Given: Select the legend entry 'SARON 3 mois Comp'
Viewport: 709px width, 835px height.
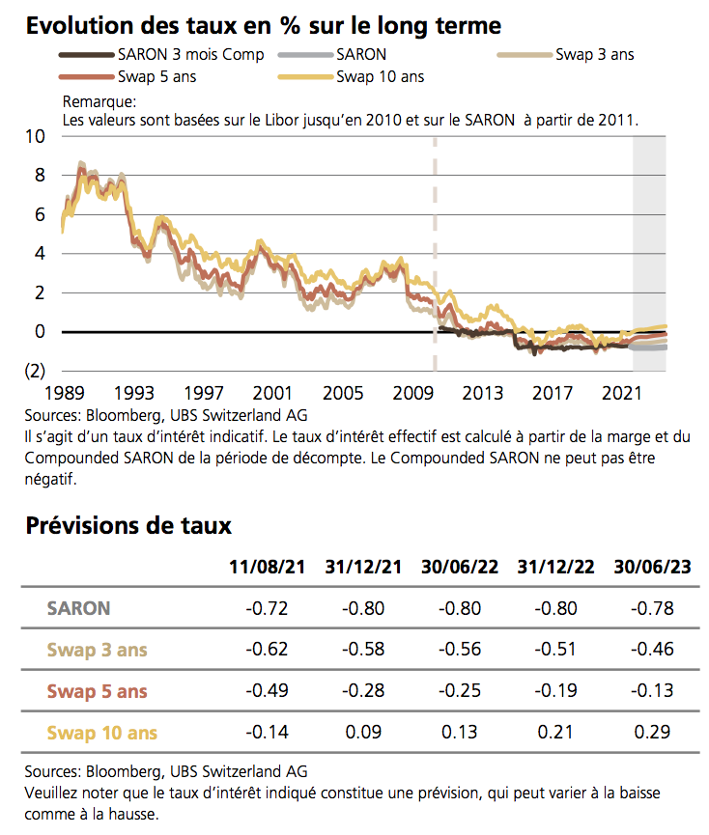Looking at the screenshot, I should coord(189,55).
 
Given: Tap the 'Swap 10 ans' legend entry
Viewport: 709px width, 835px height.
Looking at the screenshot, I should coord(381,76).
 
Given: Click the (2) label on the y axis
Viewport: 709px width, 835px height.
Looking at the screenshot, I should coord(34,371).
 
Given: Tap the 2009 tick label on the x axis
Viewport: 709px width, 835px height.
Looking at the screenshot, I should coord(413,394).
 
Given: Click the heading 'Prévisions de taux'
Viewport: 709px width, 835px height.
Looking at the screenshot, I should coord(128,526).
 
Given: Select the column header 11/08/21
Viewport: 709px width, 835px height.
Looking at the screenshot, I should coord(267,567).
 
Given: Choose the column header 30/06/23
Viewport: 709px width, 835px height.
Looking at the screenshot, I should coord(653,567).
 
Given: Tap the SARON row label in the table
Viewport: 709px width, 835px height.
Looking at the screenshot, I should coord(78,608).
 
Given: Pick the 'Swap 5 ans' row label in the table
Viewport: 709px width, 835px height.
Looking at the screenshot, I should coord(97,691).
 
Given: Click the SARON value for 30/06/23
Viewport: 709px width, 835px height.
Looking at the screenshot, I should coord(653,608).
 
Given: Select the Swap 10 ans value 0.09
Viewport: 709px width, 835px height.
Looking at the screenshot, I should coord(363,733).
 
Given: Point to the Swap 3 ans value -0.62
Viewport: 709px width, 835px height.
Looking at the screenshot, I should coord(267,650).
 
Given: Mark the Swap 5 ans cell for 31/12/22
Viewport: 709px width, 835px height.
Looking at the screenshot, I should coord(556,691).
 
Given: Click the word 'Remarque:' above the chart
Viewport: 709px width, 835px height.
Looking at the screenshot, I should coord(99,101).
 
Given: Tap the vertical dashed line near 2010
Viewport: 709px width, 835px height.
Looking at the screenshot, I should coord(434,251).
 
